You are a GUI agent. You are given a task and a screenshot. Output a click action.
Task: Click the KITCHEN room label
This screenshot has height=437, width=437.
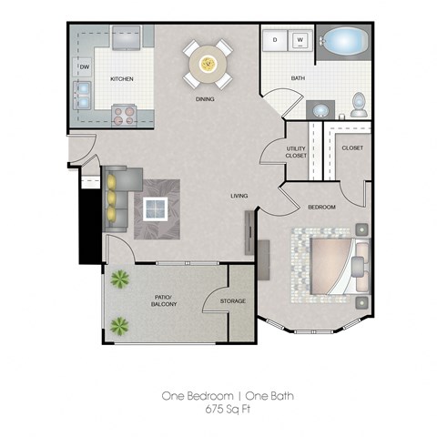point(122,79)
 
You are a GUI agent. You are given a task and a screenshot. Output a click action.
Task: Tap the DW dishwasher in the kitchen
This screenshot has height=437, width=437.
point(84,67)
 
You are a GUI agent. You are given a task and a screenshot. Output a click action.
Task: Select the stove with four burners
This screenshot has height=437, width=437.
point(123,115)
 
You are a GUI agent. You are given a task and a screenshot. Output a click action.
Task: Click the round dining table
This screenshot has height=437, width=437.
point(207,63)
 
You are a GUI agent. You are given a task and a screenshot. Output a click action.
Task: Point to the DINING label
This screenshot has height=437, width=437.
point(205,99)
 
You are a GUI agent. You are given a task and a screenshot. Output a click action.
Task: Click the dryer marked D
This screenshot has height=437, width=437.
point(274,41)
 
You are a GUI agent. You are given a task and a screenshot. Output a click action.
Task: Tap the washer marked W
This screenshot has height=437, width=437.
point(300,41)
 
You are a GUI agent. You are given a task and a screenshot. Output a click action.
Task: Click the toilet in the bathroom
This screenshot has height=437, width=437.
point(359,105)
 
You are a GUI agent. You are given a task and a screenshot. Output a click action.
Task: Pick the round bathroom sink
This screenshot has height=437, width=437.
point(320,109)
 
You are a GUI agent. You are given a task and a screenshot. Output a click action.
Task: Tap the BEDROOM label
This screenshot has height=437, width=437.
point(321,208)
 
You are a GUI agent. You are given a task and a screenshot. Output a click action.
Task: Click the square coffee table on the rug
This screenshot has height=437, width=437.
point(157,208)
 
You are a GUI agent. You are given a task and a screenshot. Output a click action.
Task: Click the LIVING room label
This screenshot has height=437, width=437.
point(239,195)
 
